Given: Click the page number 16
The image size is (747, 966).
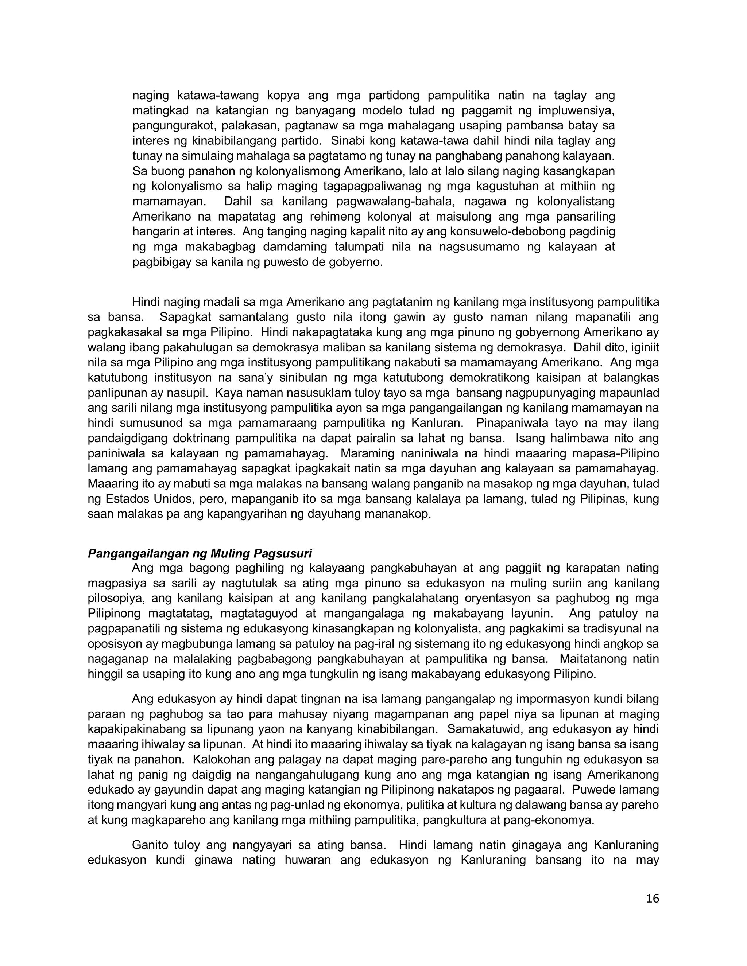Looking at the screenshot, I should (x=652, y=898).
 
